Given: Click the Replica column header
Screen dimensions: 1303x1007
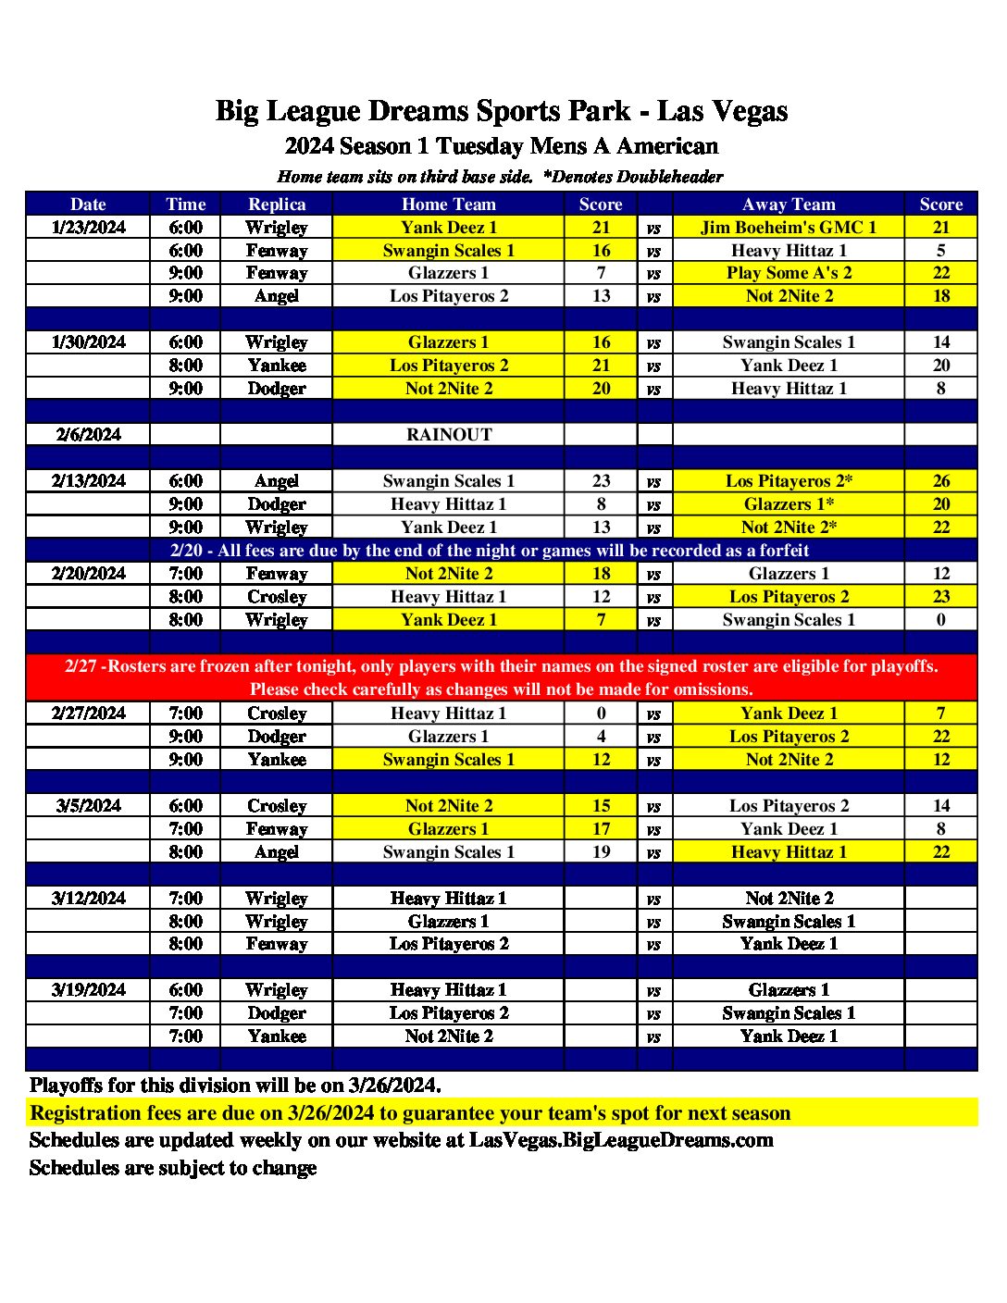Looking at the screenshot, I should (x=277, y=205).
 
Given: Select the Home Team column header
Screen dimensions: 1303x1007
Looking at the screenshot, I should (x=448, y=205).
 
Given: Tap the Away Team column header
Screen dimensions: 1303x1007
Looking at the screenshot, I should (x=789, y=205).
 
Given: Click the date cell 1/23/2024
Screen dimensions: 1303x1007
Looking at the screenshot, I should (x=88, y=228).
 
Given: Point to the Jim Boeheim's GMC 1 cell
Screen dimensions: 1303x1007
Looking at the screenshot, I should (x=789, y=228).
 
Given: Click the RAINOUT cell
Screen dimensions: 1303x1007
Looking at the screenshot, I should (x=449, y=435).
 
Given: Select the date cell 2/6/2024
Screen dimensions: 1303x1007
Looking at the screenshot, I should (x=88, y=435).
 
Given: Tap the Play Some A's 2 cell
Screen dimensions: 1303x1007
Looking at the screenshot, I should (x=789, y=273).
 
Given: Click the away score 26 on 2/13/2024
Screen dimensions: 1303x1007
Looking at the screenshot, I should (x=940, y=481).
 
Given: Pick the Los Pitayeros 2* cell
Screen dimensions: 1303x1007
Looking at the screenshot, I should (x=789, y=481).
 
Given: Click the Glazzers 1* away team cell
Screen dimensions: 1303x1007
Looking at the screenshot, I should (x=789, y=504).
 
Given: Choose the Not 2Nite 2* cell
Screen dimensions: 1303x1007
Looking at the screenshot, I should (x=789, y=527).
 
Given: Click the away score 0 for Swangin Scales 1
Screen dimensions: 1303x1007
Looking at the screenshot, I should (x=940, y=620).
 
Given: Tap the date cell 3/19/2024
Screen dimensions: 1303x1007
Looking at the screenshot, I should (x=88, y=990).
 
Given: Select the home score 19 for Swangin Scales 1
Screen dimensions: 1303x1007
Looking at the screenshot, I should (x=601, y=852).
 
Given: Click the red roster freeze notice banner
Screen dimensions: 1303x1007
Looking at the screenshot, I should (x=501, y=677).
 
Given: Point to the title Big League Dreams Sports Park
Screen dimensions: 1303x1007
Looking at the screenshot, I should (x=501, y=111).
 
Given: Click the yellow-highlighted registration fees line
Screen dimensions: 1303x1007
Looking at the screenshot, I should (x=410, y=1112).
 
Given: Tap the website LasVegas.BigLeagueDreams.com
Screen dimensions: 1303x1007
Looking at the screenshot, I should (x=621, y=1140).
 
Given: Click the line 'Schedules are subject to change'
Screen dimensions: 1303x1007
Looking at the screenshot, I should (x=173, y=1168).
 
